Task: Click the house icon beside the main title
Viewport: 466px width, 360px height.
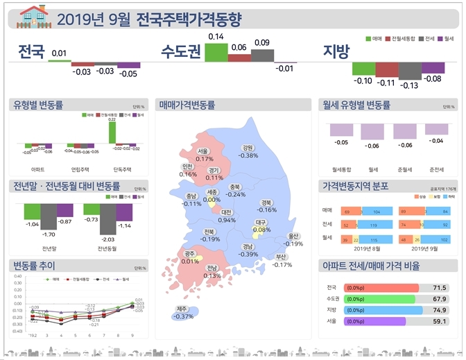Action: [x=33, y=15]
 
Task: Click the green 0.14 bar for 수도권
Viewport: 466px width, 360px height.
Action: [x=216, y=53]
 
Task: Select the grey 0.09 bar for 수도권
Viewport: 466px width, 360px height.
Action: [x=261, y=55]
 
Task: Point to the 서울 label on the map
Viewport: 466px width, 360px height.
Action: [x=202, y=151]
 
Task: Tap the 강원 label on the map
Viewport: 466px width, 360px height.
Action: [x=248, y=148]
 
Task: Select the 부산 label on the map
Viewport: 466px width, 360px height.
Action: [x=281, y=257]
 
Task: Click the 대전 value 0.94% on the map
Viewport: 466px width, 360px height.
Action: [x=226, y=220]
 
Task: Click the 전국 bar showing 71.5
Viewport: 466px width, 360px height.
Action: [x=380, y=288]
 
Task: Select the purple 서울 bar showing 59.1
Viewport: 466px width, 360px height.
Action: [x=374, y=321]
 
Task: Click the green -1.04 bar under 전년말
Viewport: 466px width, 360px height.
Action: [x=32, y=212]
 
